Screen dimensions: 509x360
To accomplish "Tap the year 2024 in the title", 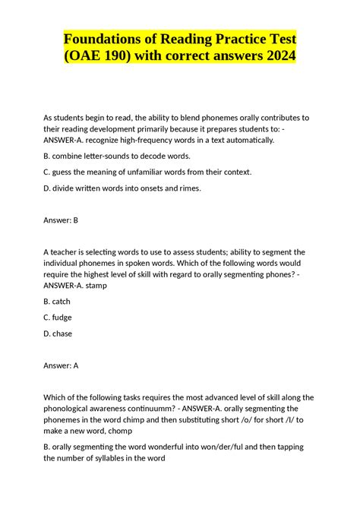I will click(275, 56).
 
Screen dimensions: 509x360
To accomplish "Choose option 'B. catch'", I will click(57, 301).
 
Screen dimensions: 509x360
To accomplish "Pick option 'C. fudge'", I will click(58, 317).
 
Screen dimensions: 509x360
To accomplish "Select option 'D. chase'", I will click(58, 333).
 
